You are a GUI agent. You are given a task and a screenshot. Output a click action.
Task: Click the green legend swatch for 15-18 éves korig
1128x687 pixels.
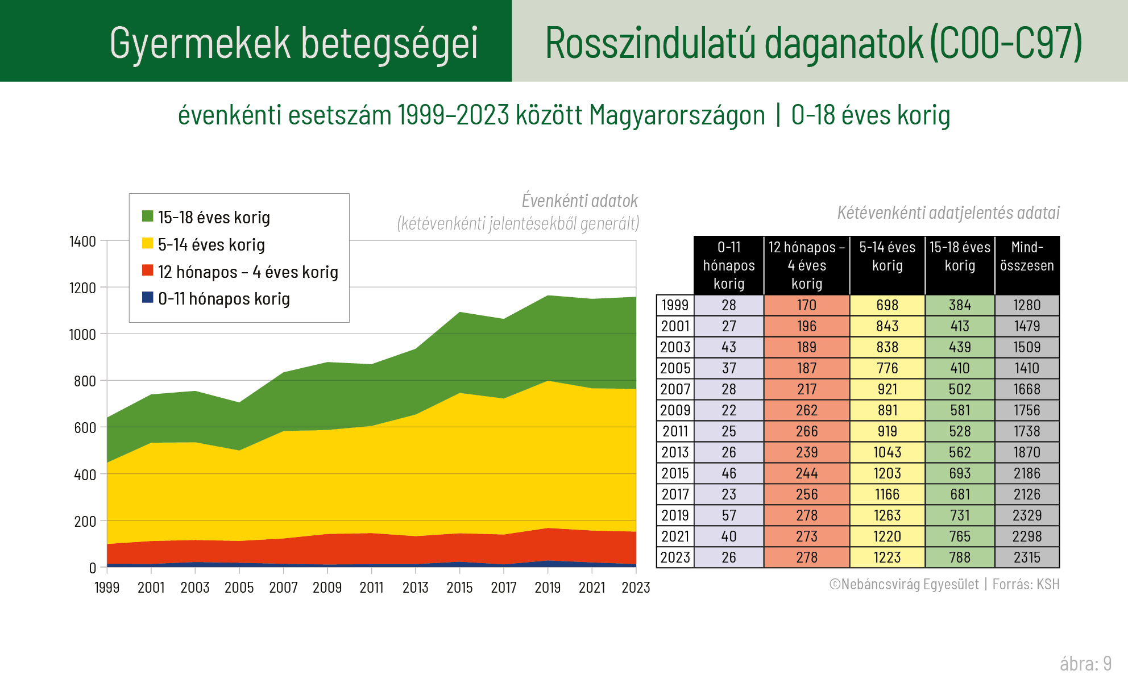[x=148, y=216]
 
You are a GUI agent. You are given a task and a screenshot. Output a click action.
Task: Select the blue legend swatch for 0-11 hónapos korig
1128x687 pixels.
[x=148, y=297]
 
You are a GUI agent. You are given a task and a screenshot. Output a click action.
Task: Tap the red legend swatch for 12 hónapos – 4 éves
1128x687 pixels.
[x=148, y=270]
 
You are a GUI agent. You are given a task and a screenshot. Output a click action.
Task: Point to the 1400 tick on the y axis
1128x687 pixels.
[x=82, y=242]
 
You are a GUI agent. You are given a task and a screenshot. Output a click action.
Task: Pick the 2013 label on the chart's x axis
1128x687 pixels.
[x=416, y=588]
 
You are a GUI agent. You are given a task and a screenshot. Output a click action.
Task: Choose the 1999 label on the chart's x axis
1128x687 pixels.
[x=107, y=588]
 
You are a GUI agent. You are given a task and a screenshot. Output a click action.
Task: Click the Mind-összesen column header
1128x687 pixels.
[x=1027, y=256]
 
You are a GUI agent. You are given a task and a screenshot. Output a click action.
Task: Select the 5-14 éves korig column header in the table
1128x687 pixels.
[x=887, y=256]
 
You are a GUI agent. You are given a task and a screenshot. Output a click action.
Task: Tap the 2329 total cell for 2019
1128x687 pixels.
[x=1027, y=515]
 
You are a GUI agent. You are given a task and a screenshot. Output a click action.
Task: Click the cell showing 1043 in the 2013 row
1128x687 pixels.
[x=887, y=452]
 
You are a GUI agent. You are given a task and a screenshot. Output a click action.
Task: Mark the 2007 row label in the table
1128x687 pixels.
[x=675, y=389]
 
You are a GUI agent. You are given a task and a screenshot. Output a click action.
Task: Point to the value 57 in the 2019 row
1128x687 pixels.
[x=729, y=515]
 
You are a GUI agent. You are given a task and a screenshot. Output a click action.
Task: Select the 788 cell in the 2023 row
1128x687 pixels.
[x=960, y=557]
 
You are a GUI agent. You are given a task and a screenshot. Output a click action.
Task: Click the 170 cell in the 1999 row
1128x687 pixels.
[x=806, y=305]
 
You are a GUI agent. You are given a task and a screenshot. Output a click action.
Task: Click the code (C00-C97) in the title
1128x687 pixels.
[x=1006, y=43]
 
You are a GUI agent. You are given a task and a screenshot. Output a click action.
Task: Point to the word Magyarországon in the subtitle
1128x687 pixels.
[x=677, y=115]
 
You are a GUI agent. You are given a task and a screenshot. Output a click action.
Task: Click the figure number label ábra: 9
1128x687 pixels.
[x=1085, y=664]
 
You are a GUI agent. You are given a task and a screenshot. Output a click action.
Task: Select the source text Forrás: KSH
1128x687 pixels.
[x=1026, y=584]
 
